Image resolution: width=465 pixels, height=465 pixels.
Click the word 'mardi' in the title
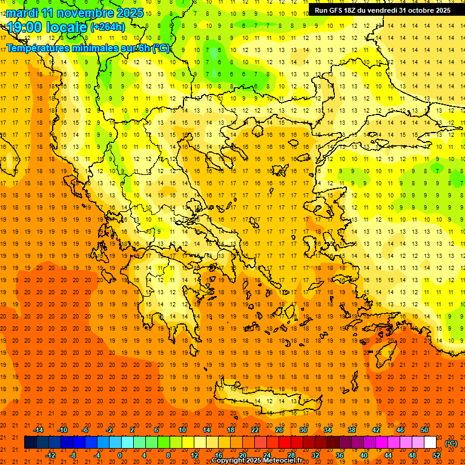[22, 13]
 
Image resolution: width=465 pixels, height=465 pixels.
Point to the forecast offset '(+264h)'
[108, 27]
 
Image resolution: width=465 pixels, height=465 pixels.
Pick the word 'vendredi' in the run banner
[380, 10]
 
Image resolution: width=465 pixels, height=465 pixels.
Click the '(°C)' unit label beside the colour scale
[450, 443]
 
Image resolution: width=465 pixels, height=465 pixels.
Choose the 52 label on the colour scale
[437, 455]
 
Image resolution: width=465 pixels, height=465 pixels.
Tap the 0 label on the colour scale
[120, 455]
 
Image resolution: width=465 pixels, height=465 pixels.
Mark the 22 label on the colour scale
[255, 430]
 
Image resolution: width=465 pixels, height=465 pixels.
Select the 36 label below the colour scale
[340, 455]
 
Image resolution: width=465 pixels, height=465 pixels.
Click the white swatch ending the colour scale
[430, 443]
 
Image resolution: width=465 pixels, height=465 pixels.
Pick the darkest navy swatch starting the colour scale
[31, 443]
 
